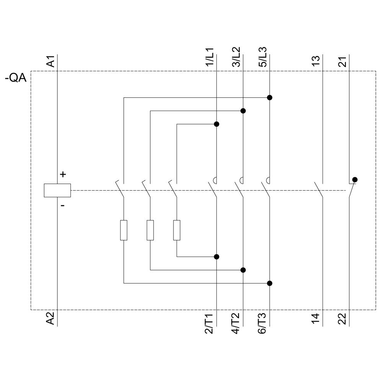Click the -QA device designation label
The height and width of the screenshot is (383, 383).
(16, 78)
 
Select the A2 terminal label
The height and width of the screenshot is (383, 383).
(51, 319)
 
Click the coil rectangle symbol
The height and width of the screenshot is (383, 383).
(57, 190)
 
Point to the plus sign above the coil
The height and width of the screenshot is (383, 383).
(63, 175)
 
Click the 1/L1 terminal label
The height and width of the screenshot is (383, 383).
(210, 58)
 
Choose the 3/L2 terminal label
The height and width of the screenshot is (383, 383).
(237, 58)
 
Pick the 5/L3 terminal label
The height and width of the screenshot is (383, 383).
(264, 58)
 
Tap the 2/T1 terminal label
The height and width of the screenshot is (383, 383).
(210, 323)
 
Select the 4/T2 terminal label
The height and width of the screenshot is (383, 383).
(237, 323)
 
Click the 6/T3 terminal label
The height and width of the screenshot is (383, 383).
(264, 323)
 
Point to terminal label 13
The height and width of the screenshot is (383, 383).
(316, 61)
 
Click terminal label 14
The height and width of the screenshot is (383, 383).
(316, 319)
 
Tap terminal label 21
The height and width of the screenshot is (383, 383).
(343, 61)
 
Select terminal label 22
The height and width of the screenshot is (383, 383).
(343, 319)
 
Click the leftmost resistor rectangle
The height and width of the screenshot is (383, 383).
(124, 230)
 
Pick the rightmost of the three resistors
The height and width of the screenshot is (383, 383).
(177, 230)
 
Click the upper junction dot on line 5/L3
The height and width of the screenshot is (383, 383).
(270, 98)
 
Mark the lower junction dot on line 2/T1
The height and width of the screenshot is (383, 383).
(216, 257)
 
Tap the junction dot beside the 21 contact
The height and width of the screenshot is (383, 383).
(355, 179)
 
